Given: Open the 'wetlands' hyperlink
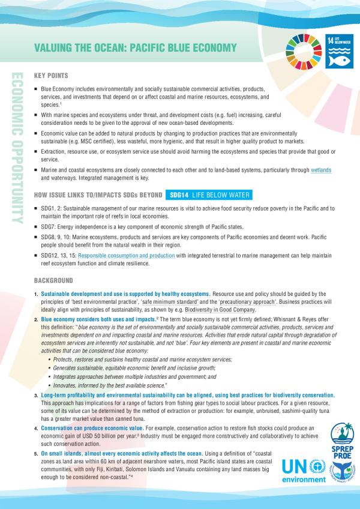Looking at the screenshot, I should coord(320,170).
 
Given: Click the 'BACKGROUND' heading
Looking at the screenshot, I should coord(53,280).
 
